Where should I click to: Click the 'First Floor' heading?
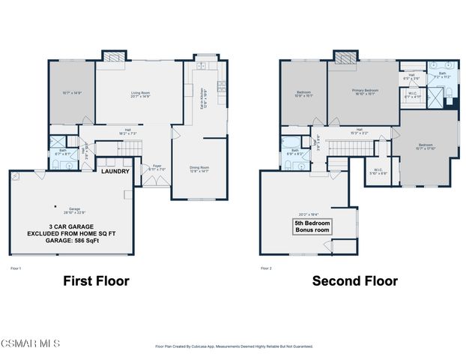coord(97,281)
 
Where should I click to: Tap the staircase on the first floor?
coord(133,150)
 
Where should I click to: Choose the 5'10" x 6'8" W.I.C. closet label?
coord(378,171)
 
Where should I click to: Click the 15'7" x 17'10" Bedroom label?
coord(425,145)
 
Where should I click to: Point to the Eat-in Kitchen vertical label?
coord(202,96)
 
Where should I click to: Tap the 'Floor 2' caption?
coord(267,268)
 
